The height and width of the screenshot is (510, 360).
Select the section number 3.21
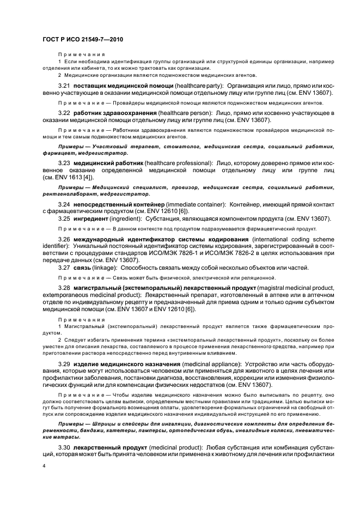coord(63,86)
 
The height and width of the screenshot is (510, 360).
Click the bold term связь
coord(83,267)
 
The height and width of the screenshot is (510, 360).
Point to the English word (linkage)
coord(111,267)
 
